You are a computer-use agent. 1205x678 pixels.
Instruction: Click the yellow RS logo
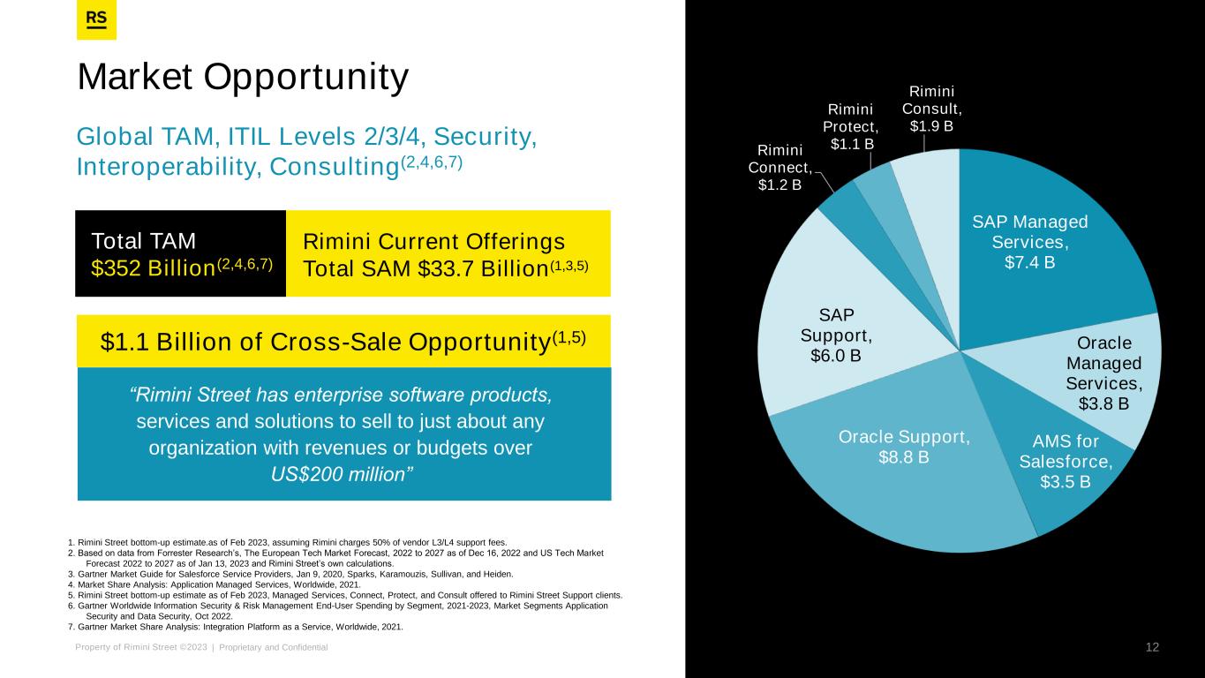point(97,20)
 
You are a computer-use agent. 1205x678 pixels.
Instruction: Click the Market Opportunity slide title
point(243,78)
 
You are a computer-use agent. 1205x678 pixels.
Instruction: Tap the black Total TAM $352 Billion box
point(181,253)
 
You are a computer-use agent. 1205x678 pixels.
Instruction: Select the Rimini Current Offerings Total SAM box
point(448,253)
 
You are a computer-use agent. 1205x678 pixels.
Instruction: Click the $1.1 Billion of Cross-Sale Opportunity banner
point(344,341)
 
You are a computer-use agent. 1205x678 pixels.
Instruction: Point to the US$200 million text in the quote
point(342,473)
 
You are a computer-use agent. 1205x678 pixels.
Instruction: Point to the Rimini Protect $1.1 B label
point(849,125)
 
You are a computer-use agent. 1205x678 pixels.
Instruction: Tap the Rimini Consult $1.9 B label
point(931,108)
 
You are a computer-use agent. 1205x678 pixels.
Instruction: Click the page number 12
point(1152,647)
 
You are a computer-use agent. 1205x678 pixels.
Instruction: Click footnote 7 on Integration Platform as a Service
point(235,627)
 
